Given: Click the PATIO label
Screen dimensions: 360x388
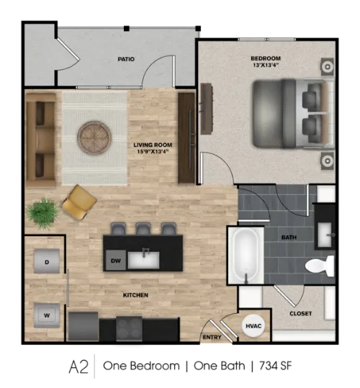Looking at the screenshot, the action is pyautogui.click(x=126, y=59).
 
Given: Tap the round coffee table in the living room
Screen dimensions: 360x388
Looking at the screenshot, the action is pyautogui.click(x=94, y=137).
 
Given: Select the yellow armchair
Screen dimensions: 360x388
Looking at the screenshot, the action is pyautogui.click(x=79, y=202).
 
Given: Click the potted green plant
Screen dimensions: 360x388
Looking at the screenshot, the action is pyautogui.click(x=42, y=212).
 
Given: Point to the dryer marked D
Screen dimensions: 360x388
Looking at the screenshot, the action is pyautogui.click(x=47, y=261).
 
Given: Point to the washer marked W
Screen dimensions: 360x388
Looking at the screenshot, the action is pyautogui.click(x=47, y=315).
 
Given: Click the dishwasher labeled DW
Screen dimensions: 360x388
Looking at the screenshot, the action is pyautogui.click(x=116, y=261).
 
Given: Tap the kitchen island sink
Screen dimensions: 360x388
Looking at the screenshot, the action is pyautogui.click(x=143, y=260).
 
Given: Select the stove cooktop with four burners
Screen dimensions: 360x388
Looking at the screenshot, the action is pyautogui.click(x=129, y=329).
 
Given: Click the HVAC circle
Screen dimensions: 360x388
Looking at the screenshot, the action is pyautogui.click(x=253, y=325).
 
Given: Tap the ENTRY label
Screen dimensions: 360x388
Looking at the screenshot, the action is pyautogui.click(x=212, y=338).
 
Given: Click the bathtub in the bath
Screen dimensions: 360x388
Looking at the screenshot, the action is pyautogui.click(x=246, y=256).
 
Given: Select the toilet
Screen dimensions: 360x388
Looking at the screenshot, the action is pyautogui.click(x=320, y=266).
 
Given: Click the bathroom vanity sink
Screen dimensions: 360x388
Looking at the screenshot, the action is pyautogui.click(x=325, y=235).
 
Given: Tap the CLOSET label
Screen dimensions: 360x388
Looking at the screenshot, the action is pyautogui.click(x=301, y=314).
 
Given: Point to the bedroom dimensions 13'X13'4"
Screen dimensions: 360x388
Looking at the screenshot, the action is pyautogui.click(x=266, y=66).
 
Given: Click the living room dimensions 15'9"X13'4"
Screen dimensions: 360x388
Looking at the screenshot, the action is pyautogui.click(x=153, y=151).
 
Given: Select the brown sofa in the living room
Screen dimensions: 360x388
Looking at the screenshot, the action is pyautogui.click(x=41, y=140).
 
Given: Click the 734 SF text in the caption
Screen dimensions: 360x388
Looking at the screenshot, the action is pyautogui.click(x=276, y=366).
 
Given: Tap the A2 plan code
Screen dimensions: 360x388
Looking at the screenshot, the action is pyautogui.click(x=78, y=367).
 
